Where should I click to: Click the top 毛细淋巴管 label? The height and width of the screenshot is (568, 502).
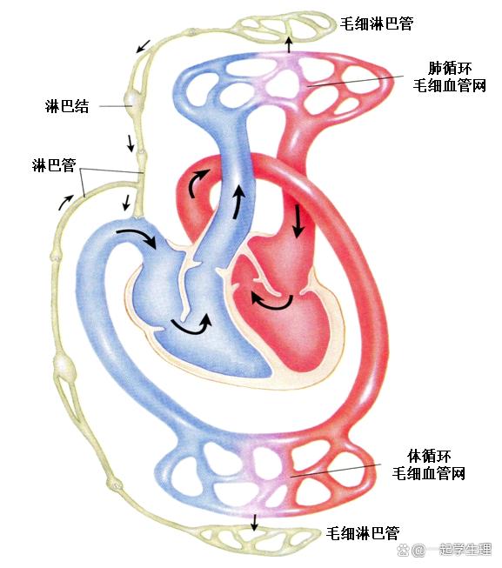click(x=377, y=23)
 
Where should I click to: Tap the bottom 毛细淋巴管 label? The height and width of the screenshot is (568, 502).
click(x=363, y=533)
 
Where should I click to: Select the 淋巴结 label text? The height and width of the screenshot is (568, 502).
click(x=67, y=106)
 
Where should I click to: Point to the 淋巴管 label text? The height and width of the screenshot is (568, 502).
click(x=54, y=165)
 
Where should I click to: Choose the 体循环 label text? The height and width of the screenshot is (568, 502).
click(x=429, y=456)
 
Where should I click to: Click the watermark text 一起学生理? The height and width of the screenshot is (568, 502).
click(x=465, y=550)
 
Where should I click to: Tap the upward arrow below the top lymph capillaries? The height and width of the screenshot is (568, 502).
click(x=289, y=44)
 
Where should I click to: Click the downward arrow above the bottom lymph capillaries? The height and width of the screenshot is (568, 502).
click(x=254, y=522)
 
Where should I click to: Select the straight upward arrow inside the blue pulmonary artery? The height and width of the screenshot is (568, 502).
click(x=238, y=202)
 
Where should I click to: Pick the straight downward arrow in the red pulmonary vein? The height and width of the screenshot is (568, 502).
click(x=298, y=221)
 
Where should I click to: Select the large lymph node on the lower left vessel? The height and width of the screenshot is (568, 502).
click(x=64, y=367)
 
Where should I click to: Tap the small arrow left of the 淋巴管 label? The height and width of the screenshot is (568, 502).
click(x=65, y=202)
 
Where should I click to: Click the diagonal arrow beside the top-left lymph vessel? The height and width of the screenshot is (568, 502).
click(x=143, y=46)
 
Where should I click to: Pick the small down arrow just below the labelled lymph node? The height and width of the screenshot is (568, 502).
click(x=130, y=143)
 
